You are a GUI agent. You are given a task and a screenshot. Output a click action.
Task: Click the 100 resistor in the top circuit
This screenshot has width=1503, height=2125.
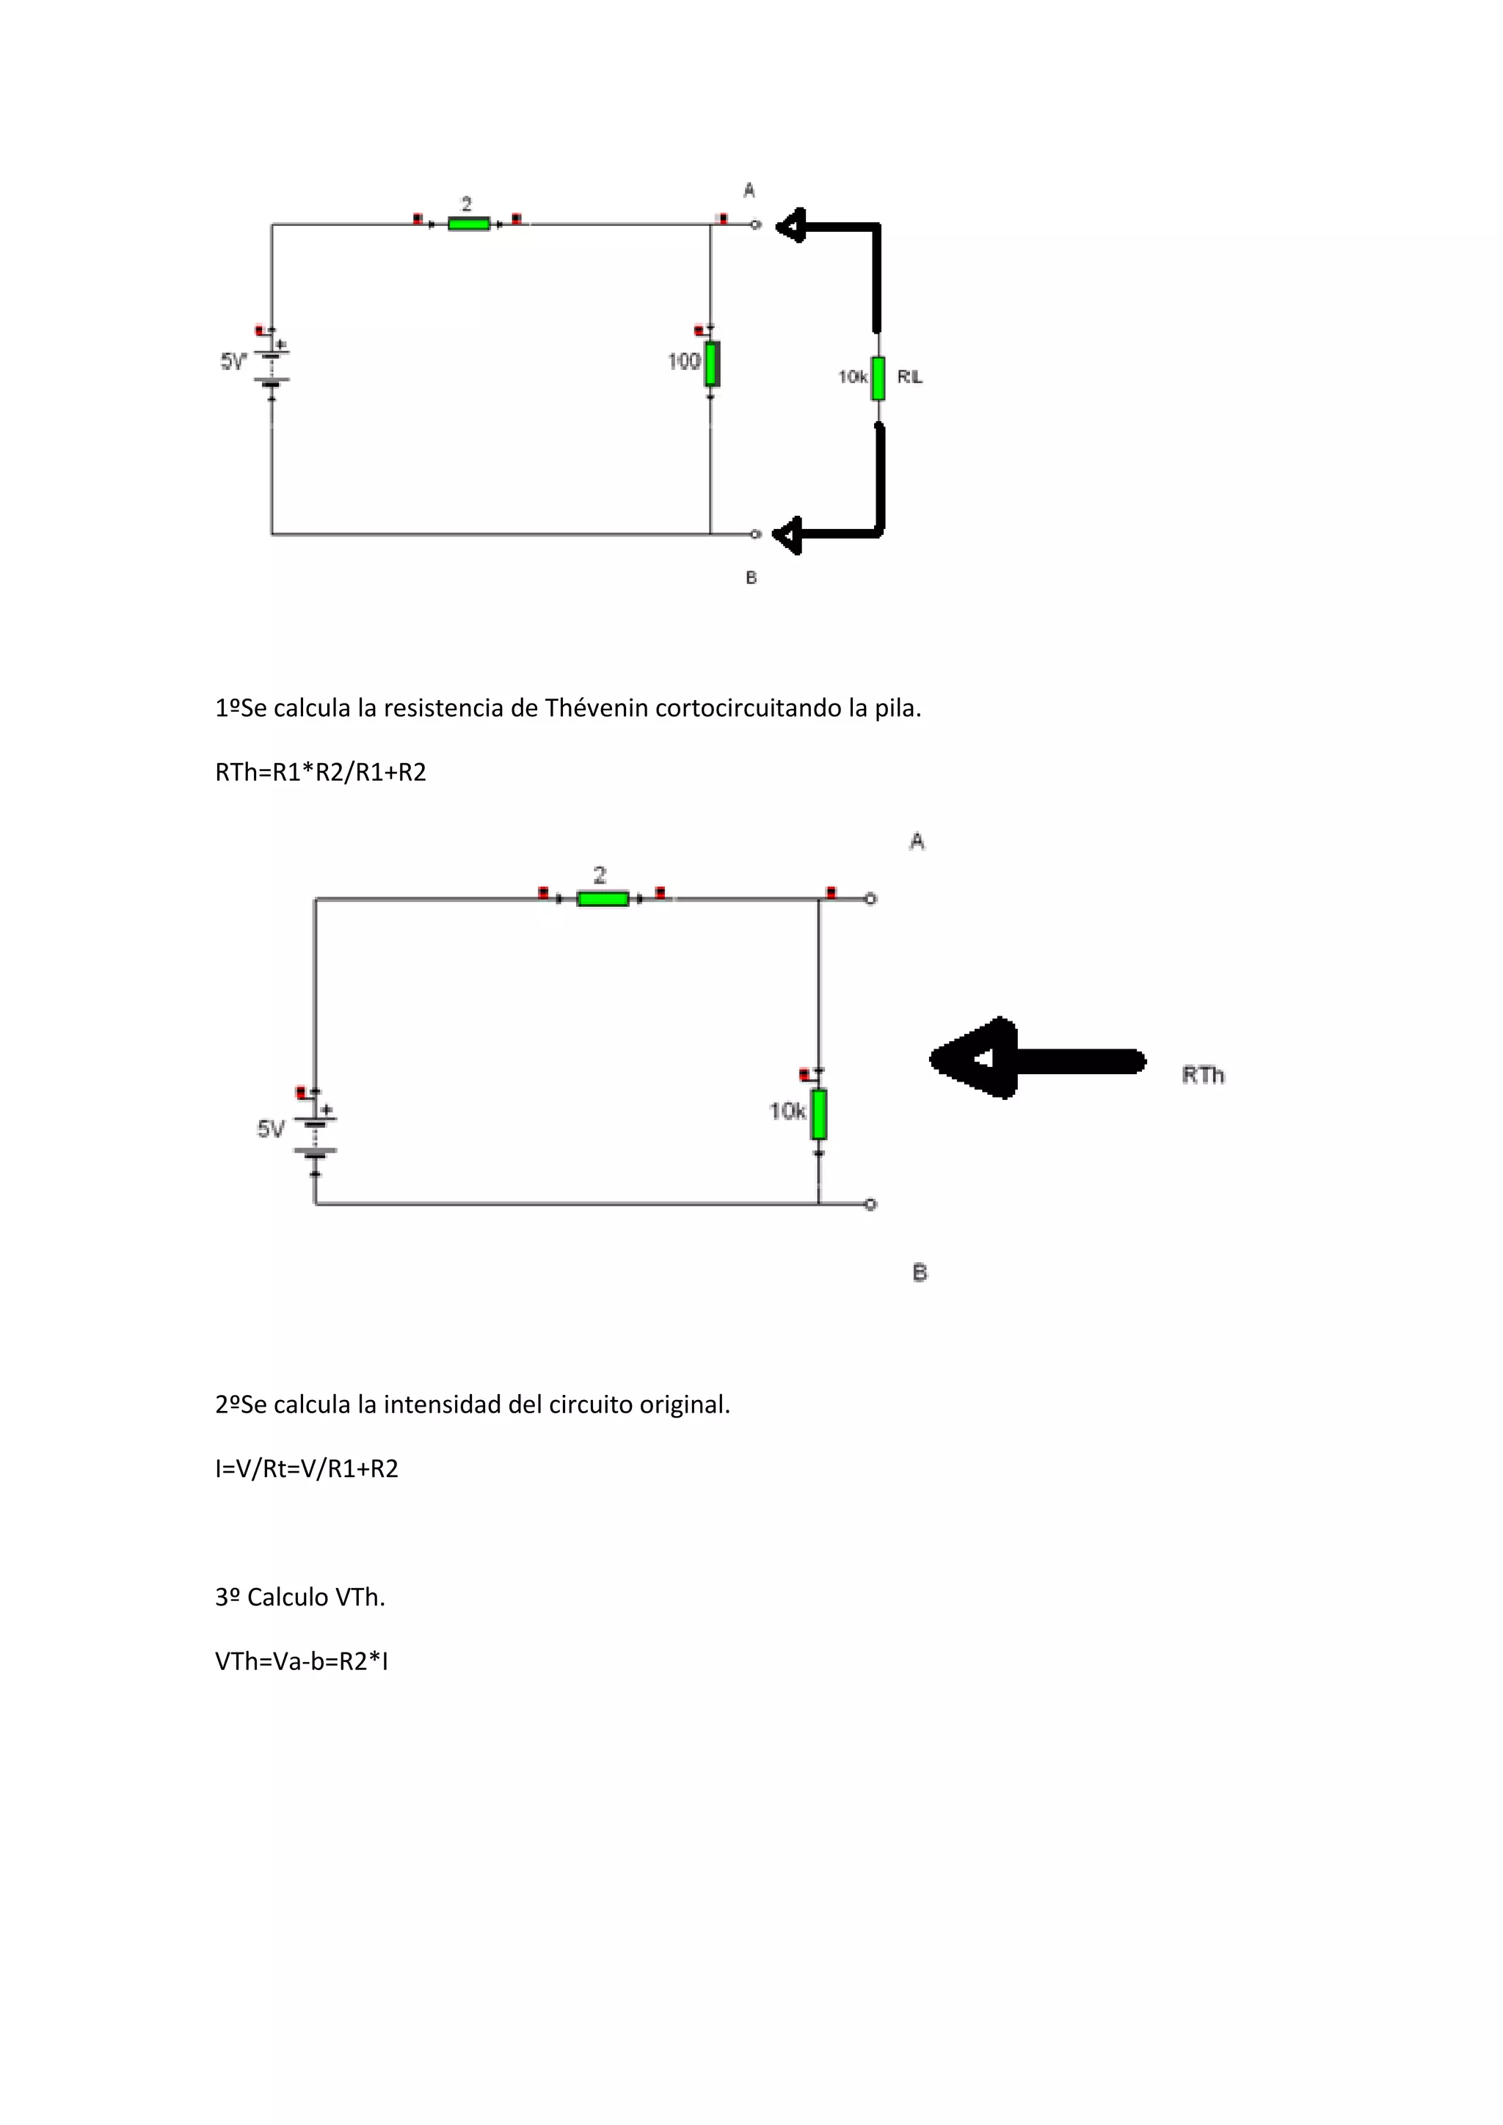[712, 364]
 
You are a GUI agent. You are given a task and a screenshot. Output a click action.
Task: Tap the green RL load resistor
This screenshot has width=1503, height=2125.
[878, 378]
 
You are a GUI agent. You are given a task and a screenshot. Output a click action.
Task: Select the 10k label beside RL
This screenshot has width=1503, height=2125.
[852, 376]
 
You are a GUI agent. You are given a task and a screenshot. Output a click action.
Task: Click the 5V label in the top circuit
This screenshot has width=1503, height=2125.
[233, 362]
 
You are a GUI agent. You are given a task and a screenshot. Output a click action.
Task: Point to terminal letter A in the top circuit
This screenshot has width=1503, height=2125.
[749, 191]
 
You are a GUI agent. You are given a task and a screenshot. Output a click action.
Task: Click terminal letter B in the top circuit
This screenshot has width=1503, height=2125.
[751, 577]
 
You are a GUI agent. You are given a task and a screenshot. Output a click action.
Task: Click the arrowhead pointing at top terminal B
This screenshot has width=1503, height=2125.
[788, 535]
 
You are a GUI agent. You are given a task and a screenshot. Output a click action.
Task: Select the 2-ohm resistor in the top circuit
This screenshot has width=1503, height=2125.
[468, 224]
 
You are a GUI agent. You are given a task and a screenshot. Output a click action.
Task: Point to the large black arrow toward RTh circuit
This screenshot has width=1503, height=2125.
[1036, 1059]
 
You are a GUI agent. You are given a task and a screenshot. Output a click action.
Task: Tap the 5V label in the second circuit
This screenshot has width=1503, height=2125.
[270, 1129]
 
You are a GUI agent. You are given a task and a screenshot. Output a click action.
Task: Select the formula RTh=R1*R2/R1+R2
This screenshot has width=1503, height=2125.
[320, 772]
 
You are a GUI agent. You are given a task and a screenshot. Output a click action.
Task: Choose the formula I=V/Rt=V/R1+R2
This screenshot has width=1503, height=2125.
[306, 1469]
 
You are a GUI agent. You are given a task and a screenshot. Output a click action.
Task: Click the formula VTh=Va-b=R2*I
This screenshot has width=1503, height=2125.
[301, 1661]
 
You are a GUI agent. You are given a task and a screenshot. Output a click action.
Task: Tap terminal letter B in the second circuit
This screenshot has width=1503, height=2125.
[919, 1272]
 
